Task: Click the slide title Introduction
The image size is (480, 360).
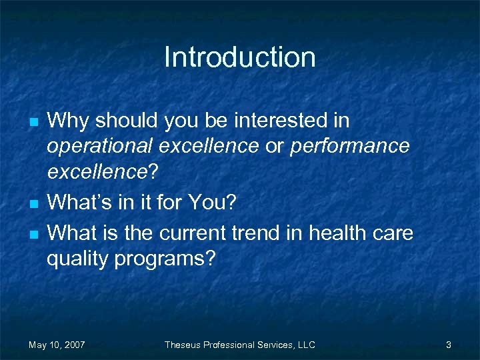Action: [239, 57]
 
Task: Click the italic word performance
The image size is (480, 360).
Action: [349, 146]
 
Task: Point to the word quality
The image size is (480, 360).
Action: [77, 259]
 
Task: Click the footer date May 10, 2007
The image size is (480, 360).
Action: [57, 345]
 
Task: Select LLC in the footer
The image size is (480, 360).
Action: [306, 345]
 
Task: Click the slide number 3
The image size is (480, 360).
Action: [449, 345]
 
